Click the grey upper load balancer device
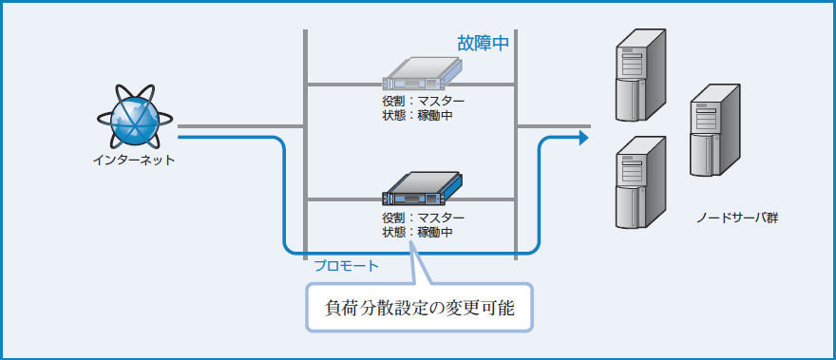point(421,73)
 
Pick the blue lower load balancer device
point(421,189)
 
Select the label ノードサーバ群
point(737,218)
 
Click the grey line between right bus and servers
point(551,125)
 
